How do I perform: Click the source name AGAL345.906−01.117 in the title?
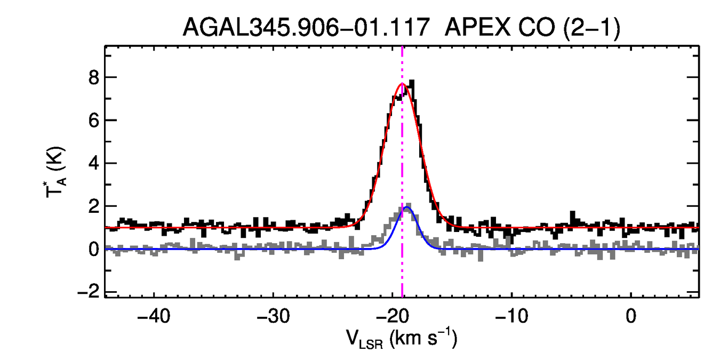[x=306, y=27]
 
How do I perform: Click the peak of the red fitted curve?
[x=402, y=84]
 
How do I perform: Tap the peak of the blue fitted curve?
[x=407, y=207]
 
